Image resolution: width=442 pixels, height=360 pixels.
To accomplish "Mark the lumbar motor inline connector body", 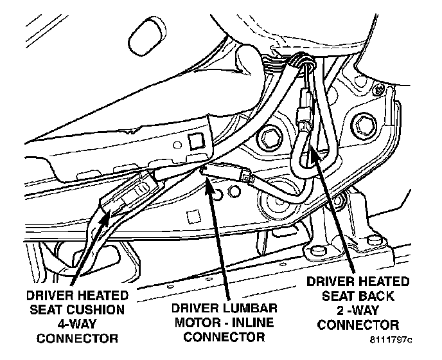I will tap(227, 172).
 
